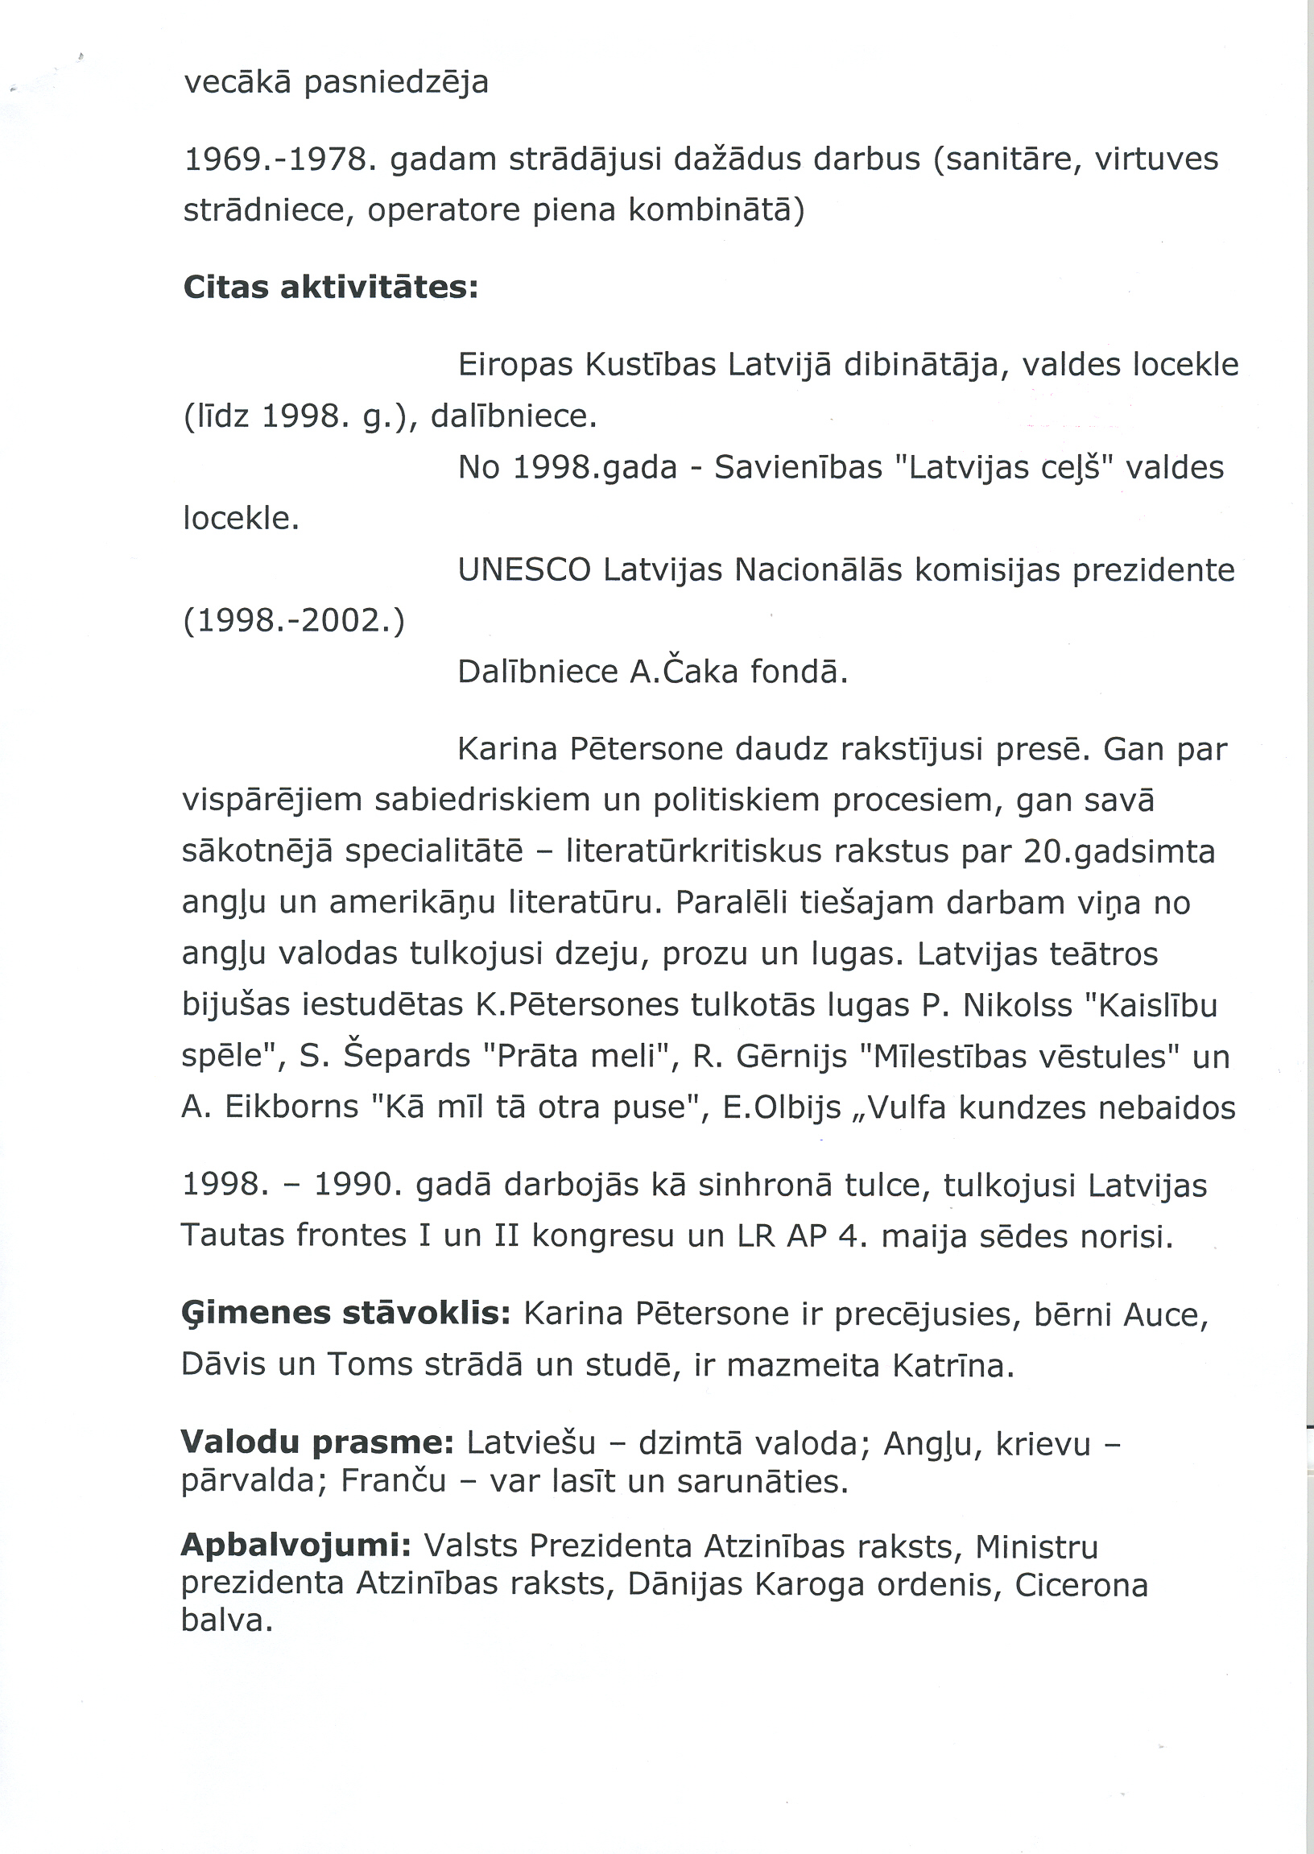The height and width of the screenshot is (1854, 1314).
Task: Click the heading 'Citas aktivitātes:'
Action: tap(331, 288)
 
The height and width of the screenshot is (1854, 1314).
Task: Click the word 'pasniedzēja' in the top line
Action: tap(395, 82)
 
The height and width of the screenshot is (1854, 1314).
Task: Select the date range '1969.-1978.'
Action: tap(280, 159)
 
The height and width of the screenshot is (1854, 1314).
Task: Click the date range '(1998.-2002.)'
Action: tap(294, 622)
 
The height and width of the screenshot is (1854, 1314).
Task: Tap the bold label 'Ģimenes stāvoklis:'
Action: tap(345, 1313)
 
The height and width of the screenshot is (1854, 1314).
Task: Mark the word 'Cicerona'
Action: tap(1081, 1584)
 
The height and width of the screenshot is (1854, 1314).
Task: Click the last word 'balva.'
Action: tap(226, 1621)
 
